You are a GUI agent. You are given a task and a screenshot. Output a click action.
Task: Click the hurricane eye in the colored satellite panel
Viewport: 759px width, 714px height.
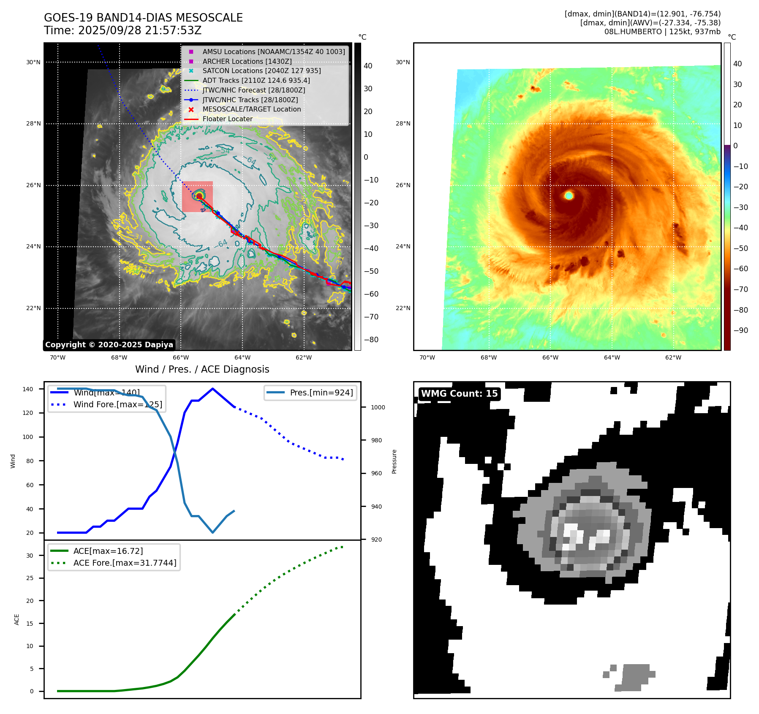tap(569, 195)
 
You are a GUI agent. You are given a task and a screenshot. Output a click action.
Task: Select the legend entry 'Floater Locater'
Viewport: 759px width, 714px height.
tap(227, 119)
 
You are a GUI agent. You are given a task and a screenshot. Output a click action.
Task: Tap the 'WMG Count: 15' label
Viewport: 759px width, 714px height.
tap(459, 394)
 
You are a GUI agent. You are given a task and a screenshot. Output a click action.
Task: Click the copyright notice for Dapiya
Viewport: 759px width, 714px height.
tap(109, 345)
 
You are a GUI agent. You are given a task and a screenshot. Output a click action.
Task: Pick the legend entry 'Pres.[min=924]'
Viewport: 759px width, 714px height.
tap(321, 393)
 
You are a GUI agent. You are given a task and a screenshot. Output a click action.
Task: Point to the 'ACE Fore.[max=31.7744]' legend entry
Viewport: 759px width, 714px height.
tap(125, 563)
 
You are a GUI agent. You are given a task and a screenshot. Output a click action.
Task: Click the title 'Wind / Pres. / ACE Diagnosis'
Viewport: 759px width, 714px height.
tap(202, 369)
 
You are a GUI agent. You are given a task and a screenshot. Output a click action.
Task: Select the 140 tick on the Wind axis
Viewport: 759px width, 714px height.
tap(28, 389)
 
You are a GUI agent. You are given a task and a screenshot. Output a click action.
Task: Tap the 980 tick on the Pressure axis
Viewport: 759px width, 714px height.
tap(376, 440)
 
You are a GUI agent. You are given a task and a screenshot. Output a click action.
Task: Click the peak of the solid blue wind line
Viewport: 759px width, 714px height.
tap(212, 389)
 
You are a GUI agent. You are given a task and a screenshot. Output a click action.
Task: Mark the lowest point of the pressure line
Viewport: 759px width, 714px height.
tap(212, 532)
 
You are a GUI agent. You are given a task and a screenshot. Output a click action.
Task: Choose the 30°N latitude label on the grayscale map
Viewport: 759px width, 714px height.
tap(33, 63)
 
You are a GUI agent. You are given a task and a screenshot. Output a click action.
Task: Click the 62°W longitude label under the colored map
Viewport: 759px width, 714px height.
tap(673, 357)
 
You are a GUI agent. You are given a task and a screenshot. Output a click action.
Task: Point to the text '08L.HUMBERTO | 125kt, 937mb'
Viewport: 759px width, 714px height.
tap(662, 32)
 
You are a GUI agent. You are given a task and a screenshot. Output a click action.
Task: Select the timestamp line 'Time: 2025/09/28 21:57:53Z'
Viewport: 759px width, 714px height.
tap(122, 31)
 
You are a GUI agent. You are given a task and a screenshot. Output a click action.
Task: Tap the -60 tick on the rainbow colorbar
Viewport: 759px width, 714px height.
tap(740, 269)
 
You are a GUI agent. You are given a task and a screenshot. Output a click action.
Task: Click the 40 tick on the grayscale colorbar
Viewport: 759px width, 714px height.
tap(368, 66)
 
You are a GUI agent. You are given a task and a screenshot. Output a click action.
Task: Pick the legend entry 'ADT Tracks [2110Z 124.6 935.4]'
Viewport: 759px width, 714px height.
tap(256, 80)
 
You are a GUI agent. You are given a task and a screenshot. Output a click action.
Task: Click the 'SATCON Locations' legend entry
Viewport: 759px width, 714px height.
tap(261, 71)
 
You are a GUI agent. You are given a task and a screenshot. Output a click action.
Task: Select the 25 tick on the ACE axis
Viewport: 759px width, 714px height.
tap(30, 578)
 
